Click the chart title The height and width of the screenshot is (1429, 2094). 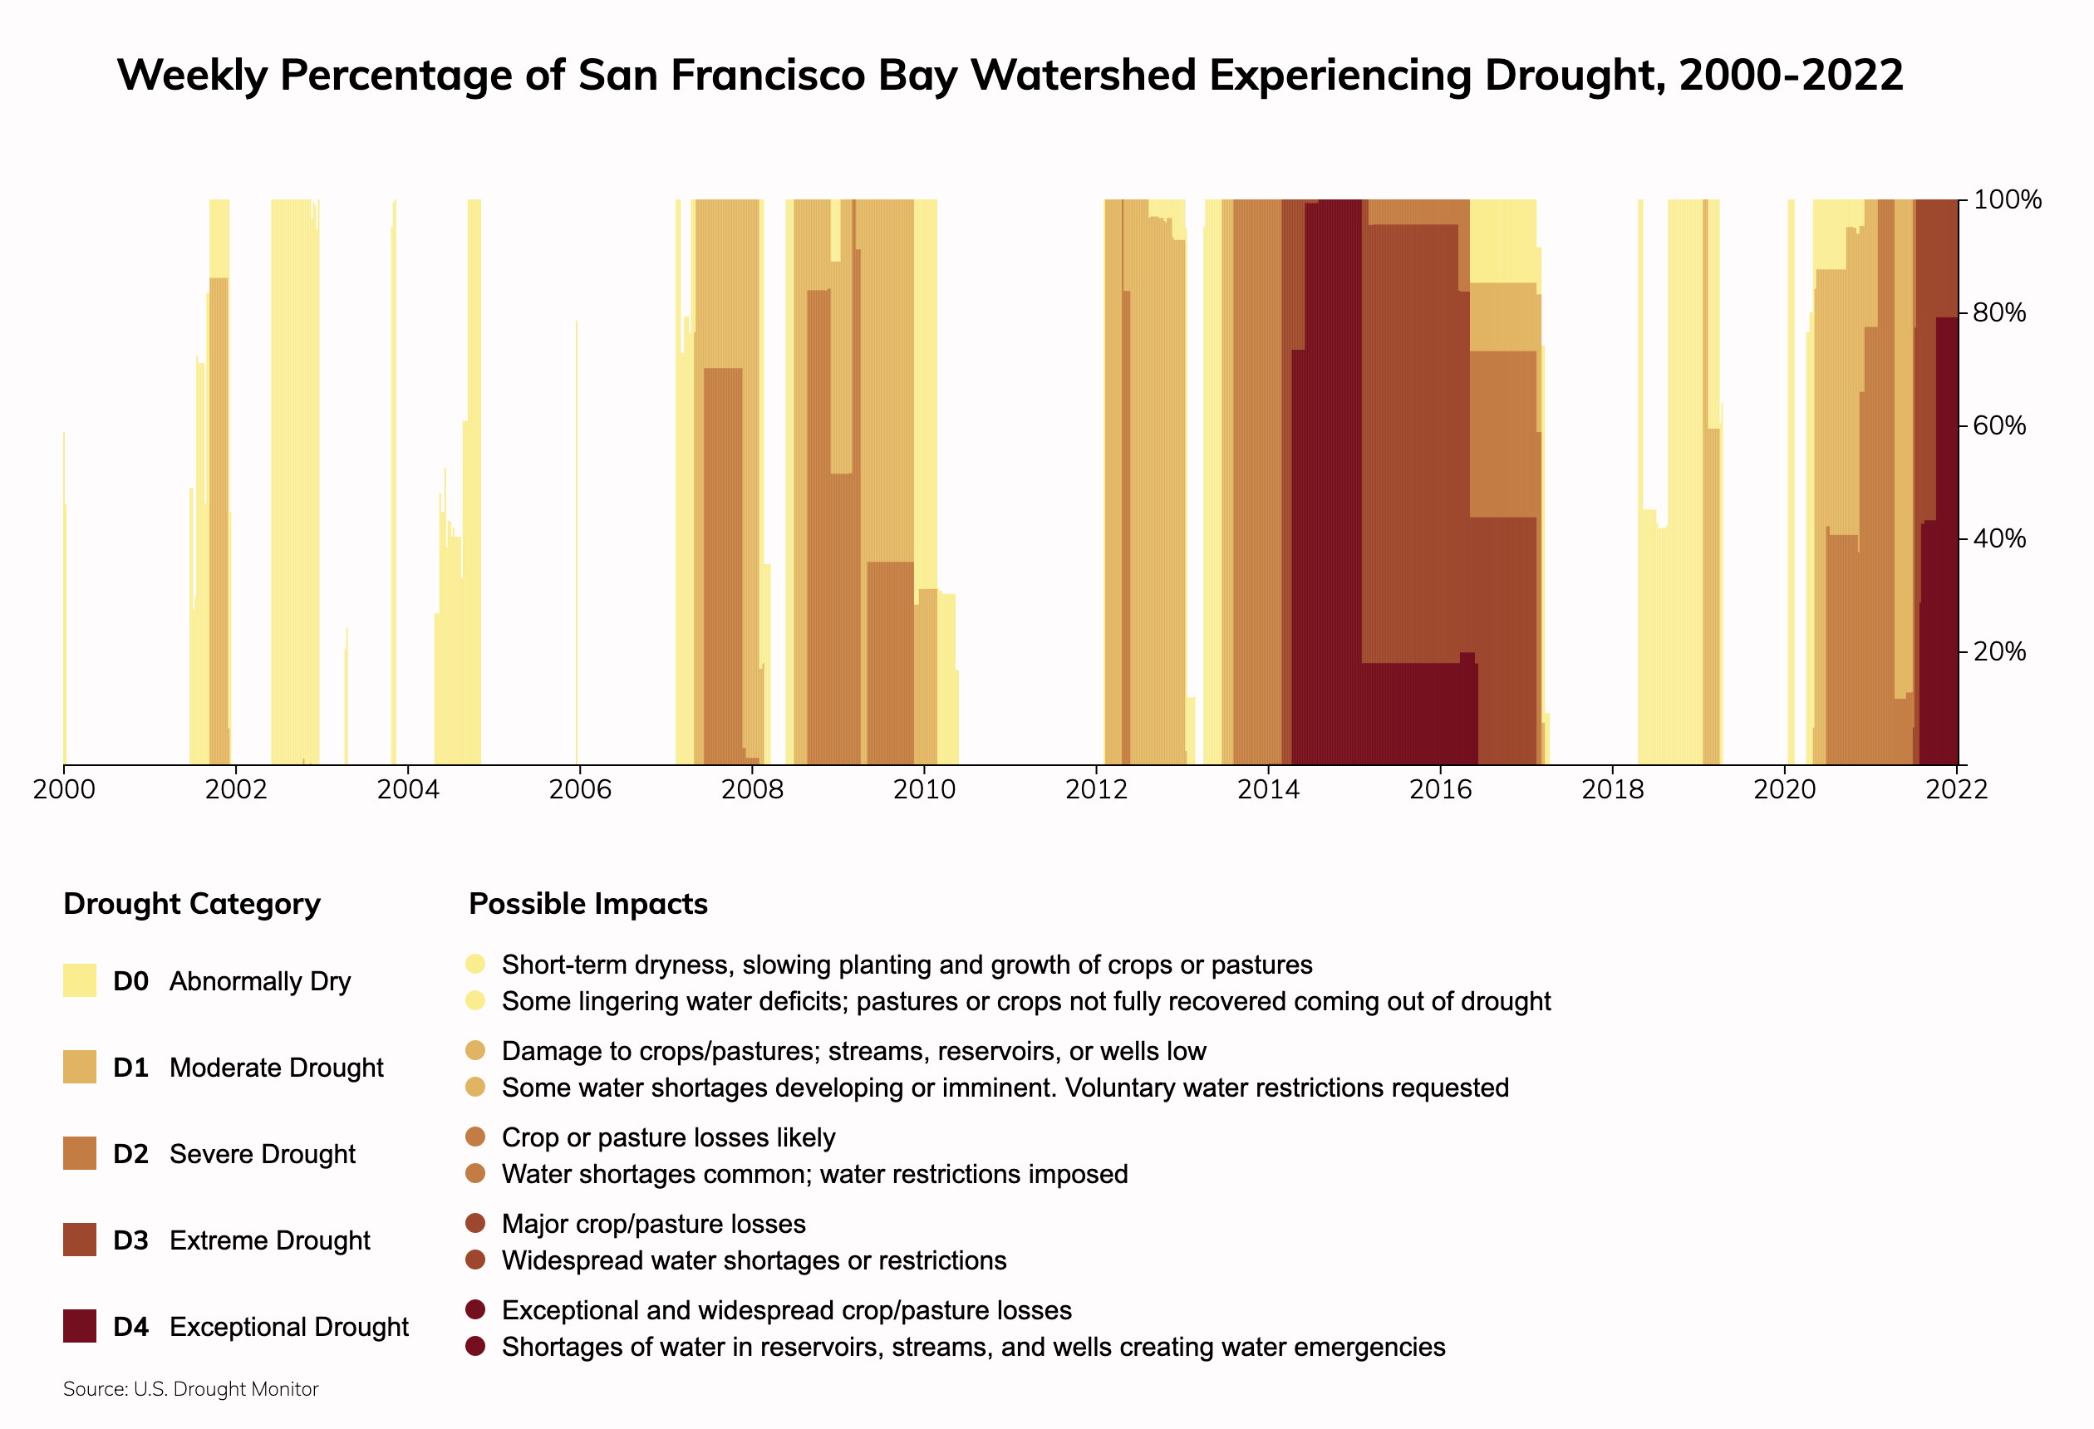[x=1010, y=75]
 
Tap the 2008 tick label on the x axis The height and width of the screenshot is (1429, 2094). [x=751, y=790]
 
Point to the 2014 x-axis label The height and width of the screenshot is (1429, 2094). [x=1268, y=790]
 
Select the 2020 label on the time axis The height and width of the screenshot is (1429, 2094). [x=1784, y=790]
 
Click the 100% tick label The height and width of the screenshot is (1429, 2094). [x=2008, y=200]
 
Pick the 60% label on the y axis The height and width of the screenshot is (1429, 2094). [x=1999, y=426]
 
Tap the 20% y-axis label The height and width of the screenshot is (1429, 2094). [x=1999, y=652]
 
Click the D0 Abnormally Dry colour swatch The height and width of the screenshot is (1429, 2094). [x=79, y=980]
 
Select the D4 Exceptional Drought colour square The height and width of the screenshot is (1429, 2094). [x=79, y=1326]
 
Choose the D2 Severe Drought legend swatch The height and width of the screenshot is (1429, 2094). [x=79, y=1153]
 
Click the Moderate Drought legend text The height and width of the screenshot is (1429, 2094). [x=276, y=1068]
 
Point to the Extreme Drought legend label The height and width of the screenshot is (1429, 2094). [x=269, y=1240]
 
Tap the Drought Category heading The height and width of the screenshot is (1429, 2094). [x=192, y=904]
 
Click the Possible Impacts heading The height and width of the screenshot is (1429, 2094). [x=588, y=904]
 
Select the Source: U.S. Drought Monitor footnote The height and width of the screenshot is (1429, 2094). [x=191, y=1389]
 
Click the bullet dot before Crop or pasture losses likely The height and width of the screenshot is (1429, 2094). [x=476, y=1137]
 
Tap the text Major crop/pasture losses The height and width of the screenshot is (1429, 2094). [x=653, y=1224]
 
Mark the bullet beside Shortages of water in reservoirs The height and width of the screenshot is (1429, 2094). [x=476, y=1346]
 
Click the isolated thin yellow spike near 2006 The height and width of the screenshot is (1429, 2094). [x=577, y=541]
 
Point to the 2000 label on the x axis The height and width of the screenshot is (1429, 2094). [x=64, y=790]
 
